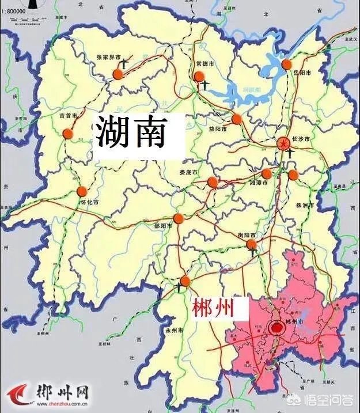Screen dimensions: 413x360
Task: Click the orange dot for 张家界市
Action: coord(118,74)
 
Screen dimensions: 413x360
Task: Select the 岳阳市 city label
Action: coord(301,73)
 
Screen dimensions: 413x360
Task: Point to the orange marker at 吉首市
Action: coord(68,134)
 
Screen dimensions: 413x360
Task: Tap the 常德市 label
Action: coord(205,65)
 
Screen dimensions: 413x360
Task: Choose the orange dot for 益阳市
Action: coord(236,119)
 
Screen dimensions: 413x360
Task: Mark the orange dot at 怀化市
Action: coord(82,191)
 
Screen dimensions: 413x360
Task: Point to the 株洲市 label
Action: coord(304,205)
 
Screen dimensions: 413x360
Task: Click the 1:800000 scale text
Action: coord(16,11)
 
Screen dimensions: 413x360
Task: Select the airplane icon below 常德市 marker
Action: coord(204,85)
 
